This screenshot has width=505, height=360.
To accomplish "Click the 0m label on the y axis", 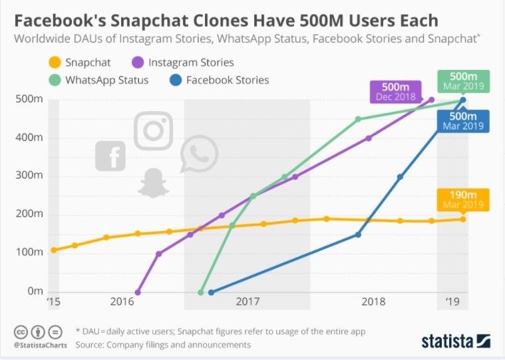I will click(x=35, y=291).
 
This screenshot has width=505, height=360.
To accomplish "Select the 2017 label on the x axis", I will click(x=247, y=302).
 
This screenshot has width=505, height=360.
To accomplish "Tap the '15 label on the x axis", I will click(x=53, y=302).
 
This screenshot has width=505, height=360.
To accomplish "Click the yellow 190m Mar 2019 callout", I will click(x=462, y=198).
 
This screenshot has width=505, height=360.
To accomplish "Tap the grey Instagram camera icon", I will click(x=154, y=130).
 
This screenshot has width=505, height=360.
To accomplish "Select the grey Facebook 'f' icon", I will click(x=110, y=156).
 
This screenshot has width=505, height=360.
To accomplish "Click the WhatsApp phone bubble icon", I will click(x=199, y=154).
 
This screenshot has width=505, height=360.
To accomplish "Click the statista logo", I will click(x=456, y=341).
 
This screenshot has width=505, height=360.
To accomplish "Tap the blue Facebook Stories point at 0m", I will click(x=211, y=292).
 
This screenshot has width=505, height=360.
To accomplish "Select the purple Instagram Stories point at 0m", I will click(x=138, y=292).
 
